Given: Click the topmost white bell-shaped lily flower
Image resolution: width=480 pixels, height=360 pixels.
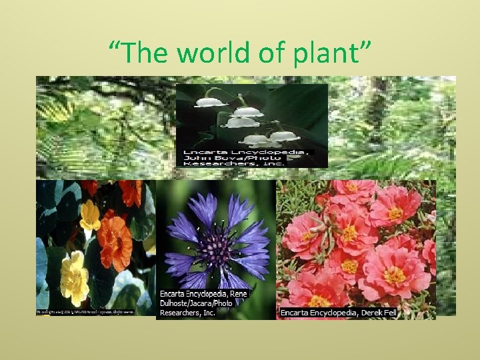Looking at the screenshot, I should (212, 101).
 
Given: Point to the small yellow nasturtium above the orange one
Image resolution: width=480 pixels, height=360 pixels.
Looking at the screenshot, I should (91, 215).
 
